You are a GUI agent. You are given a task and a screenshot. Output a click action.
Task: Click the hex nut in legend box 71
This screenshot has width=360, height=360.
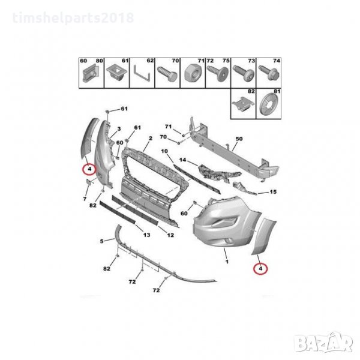(193, 73)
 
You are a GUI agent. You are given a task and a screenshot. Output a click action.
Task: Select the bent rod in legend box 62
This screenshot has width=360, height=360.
(142, 74)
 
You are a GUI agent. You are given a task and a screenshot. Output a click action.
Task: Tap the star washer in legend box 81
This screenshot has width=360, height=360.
(269, 105)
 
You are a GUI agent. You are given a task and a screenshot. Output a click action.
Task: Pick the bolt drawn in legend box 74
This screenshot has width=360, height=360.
(269, 73)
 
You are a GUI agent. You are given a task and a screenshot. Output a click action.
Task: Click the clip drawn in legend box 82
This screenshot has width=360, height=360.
(244, 104)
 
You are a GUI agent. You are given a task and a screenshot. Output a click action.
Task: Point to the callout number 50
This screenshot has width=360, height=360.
(239, 139)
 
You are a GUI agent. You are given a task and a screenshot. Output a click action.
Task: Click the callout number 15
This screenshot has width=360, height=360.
(273, 192)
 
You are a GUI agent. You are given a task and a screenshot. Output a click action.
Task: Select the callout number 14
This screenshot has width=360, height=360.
(182, 160)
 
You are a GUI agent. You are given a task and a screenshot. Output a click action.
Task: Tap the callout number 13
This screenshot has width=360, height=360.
(147, 235)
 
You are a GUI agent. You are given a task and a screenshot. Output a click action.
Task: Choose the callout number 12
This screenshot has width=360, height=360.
(170, 235)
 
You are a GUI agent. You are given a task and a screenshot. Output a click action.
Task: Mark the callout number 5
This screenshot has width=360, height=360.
(102, 241)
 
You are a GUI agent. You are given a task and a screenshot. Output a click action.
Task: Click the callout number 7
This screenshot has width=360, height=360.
(85, 199)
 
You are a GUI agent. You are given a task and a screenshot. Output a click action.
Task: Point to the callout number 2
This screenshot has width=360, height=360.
(151, 139)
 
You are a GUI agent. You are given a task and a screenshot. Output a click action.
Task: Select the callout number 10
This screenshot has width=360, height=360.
(164, 151)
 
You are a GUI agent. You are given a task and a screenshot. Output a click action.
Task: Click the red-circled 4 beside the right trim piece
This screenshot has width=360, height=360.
(260, 268)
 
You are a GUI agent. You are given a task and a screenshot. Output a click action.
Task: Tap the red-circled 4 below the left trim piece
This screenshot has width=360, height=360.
(89, 169)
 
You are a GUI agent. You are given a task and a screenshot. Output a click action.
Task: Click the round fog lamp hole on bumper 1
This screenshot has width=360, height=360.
(229, 241)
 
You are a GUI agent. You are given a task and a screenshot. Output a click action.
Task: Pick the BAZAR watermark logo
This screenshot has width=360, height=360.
(324, 343)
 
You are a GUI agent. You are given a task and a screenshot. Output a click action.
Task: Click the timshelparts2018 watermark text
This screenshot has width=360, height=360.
(73, 18)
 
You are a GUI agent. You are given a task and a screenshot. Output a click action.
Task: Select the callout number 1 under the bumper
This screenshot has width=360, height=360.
(227, 262)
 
